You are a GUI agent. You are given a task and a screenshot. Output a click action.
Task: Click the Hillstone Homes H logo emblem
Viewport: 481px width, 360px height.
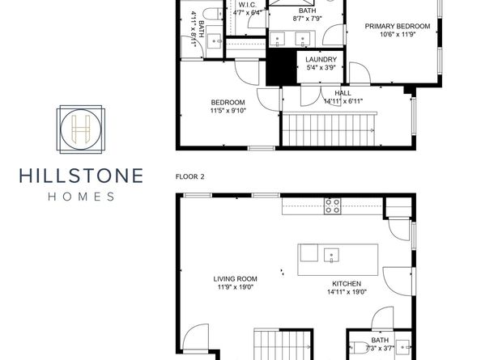tap(81, 129)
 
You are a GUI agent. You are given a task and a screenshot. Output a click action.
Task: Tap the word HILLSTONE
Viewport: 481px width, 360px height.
tap(81, 176)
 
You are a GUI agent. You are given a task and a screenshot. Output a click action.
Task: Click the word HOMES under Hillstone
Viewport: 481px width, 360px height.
tap(81, 197)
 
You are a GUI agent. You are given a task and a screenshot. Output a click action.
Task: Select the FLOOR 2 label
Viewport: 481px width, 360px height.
tap(189, 177)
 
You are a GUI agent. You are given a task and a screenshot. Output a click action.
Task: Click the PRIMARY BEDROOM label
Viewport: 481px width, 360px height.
tap(398, 27)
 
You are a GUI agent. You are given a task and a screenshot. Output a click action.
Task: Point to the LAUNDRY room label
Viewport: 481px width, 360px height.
tap(321, 59)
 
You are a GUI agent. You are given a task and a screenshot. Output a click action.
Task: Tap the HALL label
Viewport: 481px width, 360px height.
tap(343, 93)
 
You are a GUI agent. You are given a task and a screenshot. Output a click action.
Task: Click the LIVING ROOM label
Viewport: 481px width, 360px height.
tap(236, 279)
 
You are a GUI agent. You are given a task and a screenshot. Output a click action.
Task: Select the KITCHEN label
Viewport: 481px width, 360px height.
tap(347, 284)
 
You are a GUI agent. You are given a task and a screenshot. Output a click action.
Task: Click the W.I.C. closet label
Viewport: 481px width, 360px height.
tap(247, 5)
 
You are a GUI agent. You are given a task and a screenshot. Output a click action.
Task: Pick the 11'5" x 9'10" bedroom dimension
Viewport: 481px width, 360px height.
tap(228, 111)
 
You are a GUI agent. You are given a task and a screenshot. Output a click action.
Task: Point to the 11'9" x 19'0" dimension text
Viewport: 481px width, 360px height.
tap(236, 287)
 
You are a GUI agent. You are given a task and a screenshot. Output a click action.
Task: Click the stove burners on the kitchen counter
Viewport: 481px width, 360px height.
tap(333, 206)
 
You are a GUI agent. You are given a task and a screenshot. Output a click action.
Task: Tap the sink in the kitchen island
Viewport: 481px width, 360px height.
tap(331, 256)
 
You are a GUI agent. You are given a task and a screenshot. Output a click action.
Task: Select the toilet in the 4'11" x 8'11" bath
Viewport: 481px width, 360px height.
tap(211, 14)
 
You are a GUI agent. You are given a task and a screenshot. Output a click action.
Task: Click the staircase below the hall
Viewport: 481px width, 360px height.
tap(329, 129)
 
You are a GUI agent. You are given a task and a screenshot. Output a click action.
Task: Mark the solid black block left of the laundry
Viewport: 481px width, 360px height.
tap(281, 67)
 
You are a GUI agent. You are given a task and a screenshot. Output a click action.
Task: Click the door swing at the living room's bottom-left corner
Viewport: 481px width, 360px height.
tap(196, 337)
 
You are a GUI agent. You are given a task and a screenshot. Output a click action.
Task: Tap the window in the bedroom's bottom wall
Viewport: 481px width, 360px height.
tap(262, 148)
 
